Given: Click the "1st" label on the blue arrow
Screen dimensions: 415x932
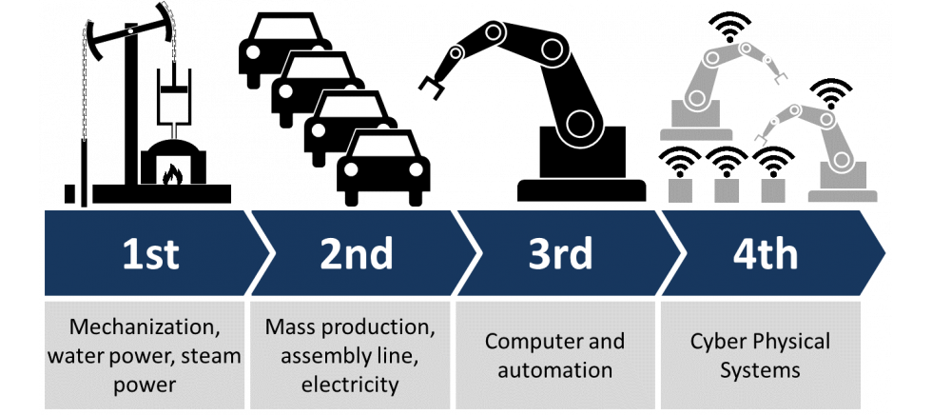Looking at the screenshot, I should point(150,254).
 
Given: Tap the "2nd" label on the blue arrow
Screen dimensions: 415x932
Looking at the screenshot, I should point(356,254).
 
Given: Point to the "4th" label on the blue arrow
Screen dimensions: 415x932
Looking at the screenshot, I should point(767,254).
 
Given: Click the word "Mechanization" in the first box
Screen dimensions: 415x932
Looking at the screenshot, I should point(143,328).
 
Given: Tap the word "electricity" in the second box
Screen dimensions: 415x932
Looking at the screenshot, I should point(349,385).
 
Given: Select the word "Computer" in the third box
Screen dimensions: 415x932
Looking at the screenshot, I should point(526,341).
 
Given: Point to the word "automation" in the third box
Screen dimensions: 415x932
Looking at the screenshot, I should point(554,370).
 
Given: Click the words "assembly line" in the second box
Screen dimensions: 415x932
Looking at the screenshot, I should point(349,357).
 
